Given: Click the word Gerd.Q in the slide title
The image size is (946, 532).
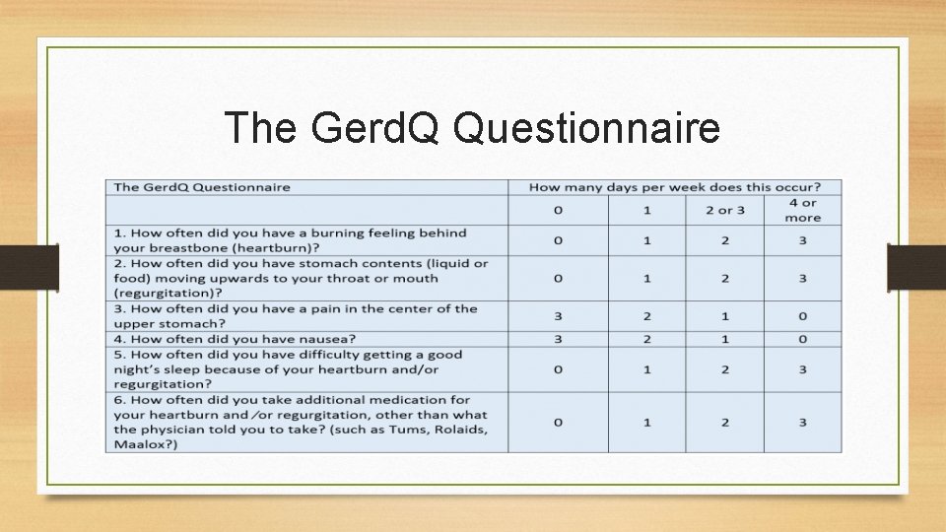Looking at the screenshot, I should [x=363, y=129].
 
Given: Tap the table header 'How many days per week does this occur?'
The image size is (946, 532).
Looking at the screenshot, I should [x=674, y=186].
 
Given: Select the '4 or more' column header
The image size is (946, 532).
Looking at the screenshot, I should [x=802, y=210].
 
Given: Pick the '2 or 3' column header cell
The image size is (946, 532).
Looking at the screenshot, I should [x=724, y=210].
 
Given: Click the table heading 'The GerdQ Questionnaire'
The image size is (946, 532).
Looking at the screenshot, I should [x=202, y=186].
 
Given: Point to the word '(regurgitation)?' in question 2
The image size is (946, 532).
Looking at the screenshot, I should [x=166, y=294].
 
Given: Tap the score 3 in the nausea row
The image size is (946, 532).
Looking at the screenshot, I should [x=558, y=339].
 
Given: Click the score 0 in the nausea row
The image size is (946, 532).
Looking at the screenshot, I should [x=802, y=339].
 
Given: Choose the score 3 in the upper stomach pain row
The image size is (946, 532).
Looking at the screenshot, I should [x=558, y=316].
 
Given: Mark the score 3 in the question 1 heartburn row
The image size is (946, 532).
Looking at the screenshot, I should [x=802, y=240].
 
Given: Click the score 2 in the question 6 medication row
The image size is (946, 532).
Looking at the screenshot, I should [x=724, y=422].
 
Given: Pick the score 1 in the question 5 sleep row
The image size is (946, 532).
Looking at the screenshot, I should [x=647, y=369].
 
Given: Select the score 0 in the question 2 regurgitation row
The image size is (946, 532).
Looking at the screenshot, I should [x=558, y=279].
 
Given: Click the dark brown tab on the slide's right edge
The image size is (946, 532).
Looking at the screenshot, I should [x=916, y=267].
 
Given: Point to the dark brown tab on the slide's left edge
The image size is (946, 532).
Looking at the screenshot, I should [x=29, y=267].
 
